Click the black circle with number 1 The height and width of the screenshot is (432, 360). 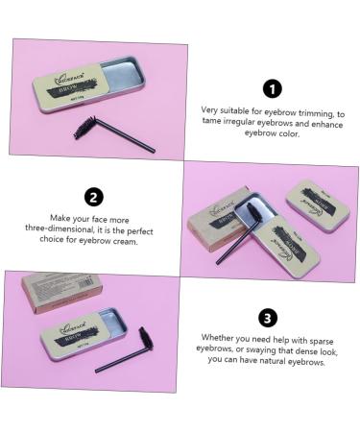pyautogui.click(x=273, y=89)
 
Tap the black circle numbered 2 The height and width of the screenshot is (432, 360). pyautogui.click(x=93, y=198)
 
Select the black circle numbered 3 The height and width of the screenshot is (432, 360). pyautogui.click(x=268, y=318)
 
